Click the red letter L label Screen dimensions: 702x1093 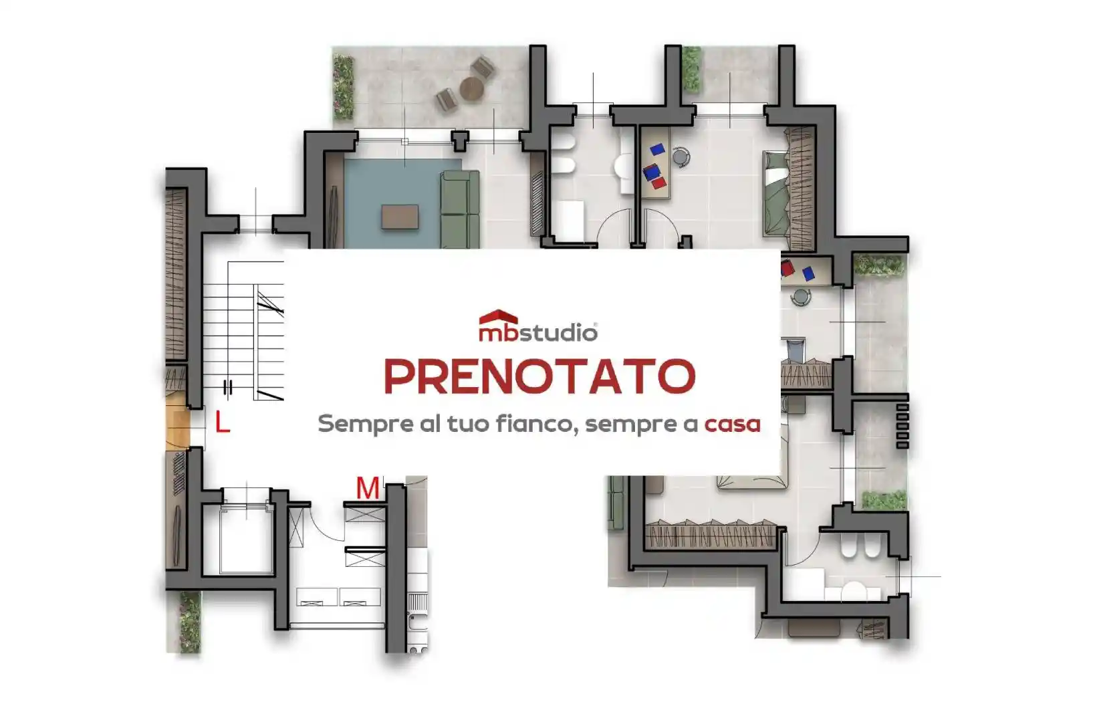coord(222,423)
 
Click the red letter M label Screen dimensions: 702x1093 coord(368,488)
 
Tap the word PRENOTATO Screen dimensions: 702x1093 coord(539,377)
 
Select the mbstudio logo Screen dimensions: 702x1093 coord(538,326)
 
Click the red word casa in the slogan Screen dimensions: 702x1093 coord(732,424)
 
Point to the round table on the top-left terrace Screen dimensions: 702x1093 coord(471,88)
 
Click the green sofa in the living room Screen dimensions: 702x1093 coord(461,209)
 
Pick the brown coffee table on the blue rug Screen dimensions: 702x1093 coord(400,217)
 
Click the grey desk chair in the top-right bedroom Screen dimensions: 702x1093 coord(681,156)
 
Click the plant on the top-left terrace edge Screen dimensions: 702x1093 coord(343,88)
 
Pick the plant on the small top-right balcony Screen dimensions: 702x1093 coord(691,69)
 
